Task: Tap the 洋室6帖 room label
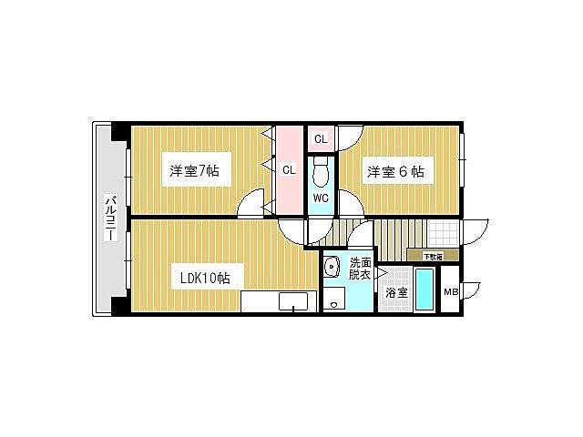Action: tap(395, 170)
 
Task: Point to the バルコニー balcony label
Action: tap(110, 218)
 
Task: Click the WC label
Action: tap(321, 198)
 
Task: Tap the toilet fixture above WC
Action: tap(321, 170)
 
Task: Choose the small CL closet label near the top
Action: tap(320, 139)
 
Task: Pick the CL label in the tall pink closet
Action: tap(287, 169)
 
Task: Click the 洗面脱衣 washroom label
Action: tap(360, 269)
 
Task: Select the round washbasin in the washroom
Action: tap(332, 266)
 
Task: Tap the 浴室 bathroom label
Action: tap(395, 293)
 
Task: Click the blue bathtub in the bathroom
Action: tap(424, 289)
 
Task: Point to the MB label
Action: tap(450, 292)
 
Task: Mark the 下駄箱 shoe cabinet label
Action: tap(432, 256)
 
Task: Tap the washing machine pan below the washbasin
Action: tap(334, 298)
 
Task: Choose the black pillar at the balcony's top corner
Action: tap(119, 131)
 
